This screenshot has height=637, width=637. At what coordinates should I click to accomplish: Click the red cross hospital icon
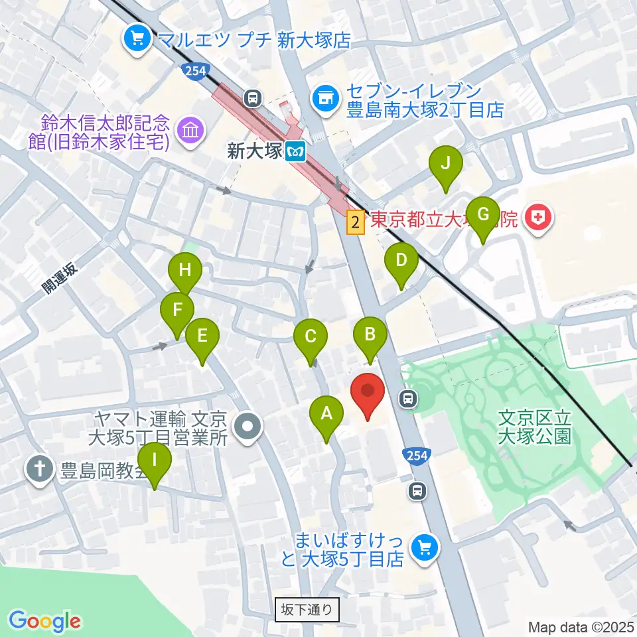pos(537,218)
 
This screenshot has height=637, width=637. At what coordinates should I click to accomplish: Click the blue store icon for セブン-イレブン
pos(324,99)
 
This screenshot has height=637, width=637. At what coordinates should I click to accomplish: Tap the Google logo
pos(44,620)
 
